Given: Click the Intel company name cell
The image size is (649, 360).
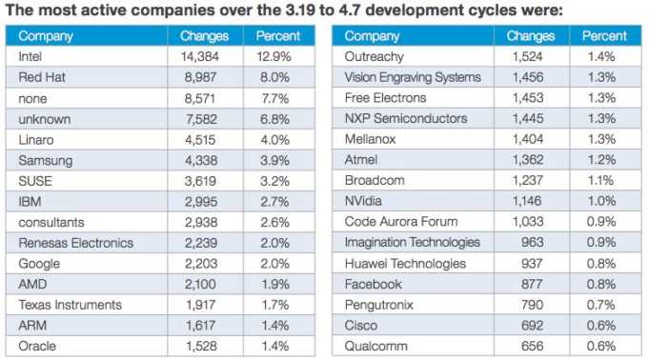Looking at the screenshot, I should click(32, 56).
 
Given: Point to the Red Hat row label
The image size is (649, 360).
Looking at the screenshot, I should click(43, 77).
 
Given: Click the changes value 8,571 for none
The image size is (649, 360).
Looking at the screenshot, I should click(209, 98).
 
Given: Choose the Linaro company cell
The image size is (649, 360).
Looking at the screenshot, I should click(37, 139).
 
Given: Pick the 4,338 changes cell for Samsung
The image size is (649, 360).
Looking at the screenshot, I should click(209, 160).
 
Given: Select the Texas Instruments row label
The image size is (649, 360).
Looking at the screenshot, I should click(70, 305).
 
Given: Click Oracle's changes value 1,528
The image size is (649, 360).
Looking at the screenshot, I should click(209, 346).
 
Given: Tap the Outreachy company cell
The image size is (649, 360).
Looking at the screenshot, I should click(375, 56).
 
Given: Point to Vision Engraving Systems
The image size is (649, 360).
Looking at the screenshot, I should click(413, 77).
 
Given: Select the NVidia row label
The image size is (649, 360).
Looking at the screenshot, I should click(365, 201).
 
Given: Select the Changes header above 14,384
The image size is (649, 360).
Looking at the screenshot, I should click(204, 36).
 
